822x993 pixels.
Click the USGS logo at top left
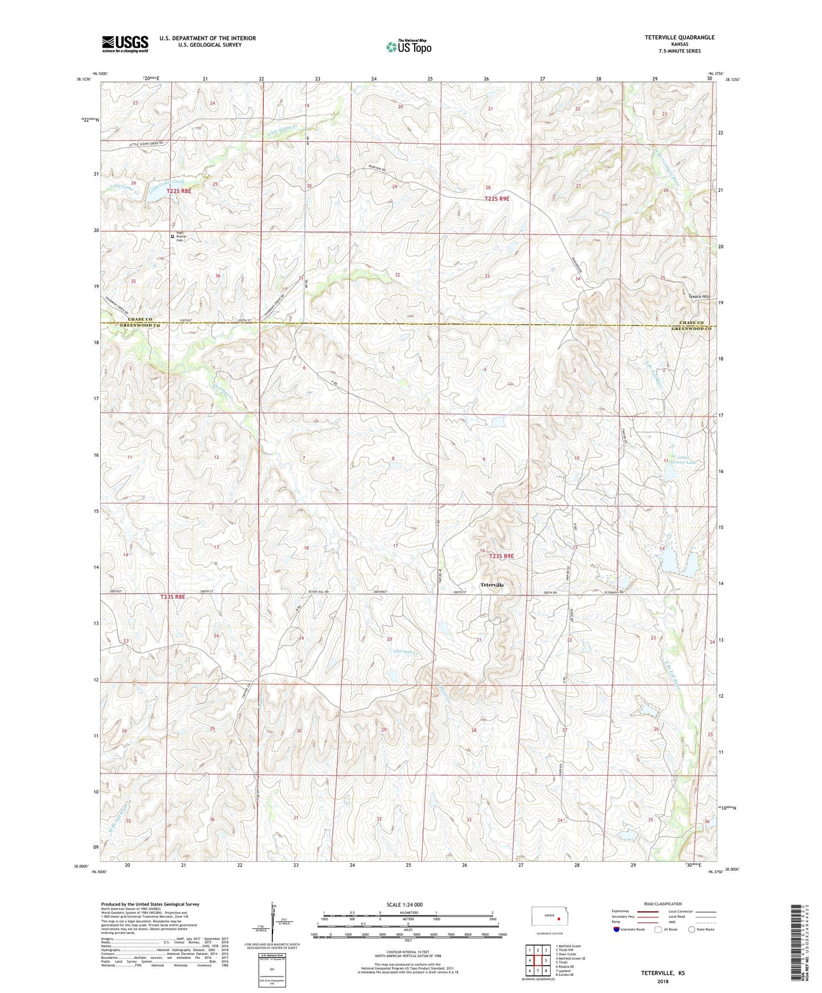click(125, 44)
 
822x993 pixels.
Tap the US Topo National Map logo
click(408, 46)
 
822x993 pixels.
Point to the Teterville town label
click(492, 585)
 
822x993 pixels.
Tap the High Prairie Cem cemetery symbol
click(173, 237)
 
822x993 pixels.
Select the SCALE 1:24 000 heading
click(404, 904)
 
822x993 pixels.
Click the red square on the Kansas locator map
click(559, 918)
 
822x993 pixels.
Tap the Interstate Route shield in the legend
click(617, 929)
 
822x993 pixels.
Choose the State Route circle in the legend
click(691, 929)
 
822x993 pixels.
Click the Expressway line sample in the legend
click(651, 911)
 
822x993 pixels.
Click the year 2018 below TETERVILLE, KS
click(663, 981)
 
